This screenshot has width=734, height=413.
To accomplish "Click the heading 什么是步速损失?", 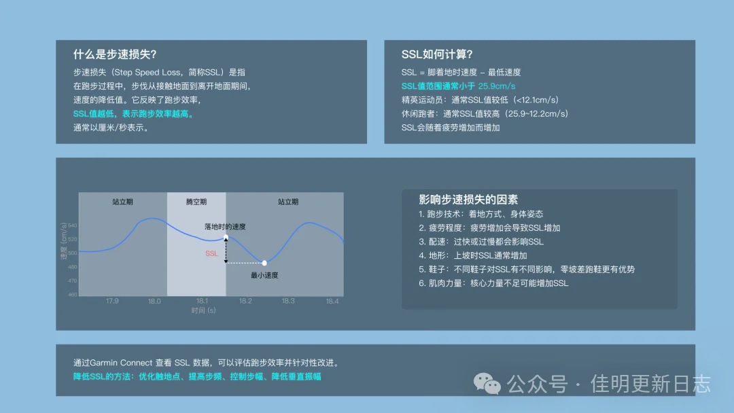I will point(120,54).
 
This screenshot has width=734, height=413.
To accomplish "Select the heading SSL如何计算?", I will point(437,54).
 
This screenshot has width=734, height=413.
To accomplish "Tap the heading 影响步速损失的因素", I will point(468,200).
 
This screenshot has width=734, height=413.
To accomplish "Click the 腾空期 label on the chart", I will point(196,202).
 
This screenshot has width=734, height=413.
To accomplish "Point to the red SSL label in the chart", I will point(212,253).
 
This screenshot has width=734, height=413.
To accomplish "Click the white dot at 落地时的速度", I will point(226,237).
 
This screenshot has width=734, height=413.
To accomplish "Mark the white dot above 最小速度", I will point(264,263).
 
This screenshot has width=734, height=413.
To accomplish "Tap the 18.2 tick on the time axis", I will point(245,301).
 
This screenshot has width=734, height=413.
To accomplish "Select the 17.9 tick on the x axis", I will point(112,301).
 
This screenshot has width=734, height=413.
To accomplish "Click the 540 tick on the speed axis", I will point(72,226).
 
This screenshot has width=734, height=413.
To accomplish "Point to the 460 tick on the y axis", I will point(72,295).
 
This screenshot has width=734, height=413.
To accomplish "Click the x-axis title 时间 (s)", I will point(203,310).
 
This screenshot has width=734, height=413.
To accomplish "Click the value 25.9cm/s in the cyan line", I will point(497,86).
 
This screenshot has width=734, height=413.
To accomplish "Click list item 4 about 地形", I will point(473,255).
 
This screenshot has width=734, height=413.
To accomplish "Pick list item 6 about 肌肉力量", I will point(493,283).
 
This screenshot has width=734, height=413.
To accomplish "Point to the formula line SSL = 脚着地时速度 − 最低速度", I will point(461,72).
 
